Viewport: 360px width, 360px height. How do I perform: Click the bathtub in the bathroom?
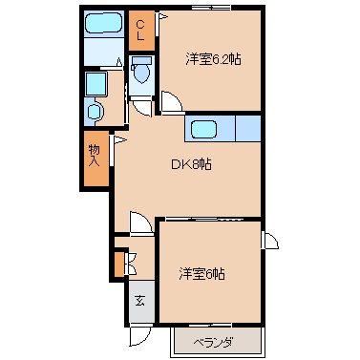104,23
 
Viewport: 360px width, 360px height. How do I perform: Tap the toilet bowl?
141,74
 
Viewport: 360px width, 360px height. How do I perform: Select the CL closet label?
140,31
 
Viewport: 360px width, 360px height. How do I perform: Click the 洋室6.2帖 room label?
213,59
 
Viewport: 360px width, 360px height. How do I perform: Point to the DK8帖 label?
191,164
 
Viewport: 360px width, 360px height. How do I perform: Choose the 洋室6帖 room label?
201,274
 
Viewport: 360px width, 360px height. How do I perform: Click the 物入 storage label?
95,156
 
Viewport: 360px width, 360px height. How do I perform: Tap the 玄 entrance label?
139,300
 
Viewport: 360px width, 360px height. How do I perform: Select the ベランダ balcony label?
213,343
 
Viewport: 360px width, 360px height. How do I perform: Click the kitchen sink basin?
203,130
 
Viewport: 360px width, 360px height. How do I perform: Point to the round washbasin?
95,112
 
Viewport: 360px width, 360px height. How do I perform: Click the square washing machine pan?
95,84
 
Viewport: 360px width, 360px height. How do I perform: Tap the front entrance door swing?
139,337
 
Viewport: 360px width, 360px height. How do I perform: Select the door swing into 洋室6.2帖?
171,102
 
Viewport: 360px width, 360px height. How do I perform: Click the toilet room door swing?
142,108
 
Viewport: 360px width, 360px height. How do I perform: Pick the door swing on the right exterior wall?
270,241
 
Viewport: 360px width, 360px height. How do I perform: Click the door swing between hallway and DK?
140,222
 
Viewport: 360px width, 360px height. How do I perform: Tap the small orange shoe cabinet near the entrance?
119,265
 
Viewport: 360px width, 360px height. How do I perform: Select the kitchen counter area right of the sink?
248,128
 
